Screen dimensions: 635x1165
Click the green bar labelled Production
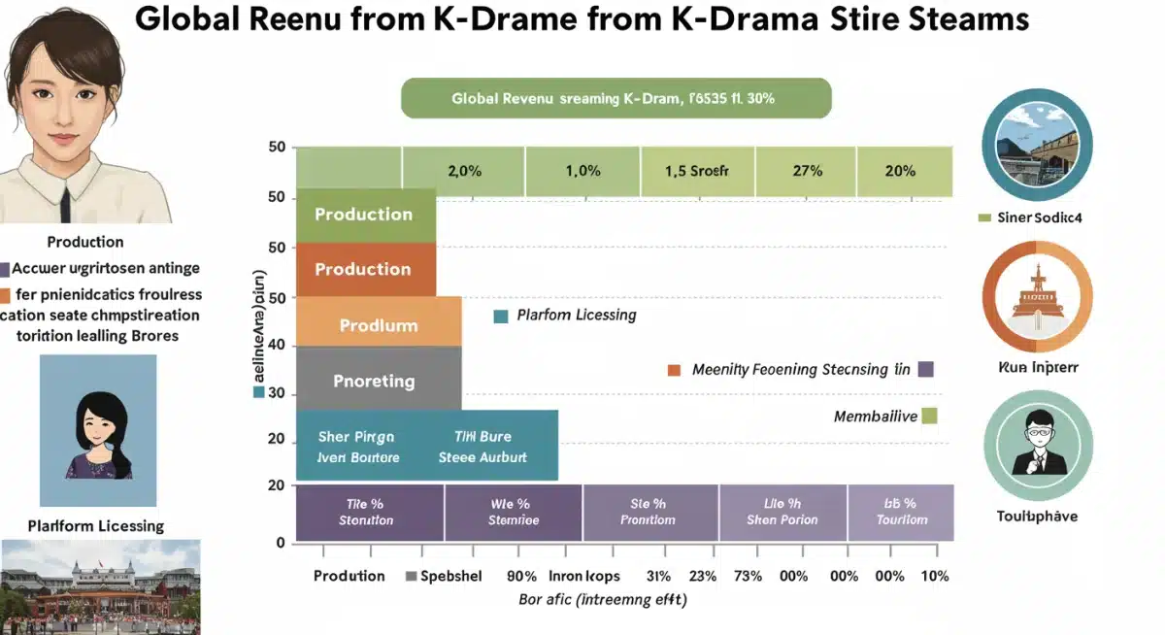(x=365, y=215)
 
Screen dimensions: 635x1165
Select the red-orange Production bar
(x=365, y=269)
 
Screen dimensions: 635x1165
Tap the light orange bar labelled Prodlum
(x=378, y=325)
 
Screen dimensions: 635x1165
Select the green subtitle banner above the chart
(x=616, y=99)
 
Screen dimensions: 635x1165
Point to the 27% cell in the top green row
(x=807, y=171)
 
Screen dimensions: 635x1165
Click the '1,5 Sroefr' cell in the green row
(x=696, y=171)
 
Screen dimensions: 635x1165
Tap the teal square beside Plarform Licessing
(x=501, y=316)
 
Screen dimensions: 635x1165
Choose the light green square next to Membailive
(x=928, y=416)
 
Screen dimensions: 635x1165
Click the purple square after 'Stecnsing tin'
(x=924, y=369)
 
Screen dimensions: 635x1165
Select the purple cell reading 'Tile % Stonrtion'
(x=369, y=512)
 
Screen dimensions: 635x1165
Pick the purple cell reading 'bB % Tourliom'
(x=901, y=512)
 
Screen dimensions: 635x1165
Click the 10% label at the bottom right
(x=934, y=576)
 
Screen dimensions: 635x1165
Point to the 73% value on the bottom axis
(x=748, y=576)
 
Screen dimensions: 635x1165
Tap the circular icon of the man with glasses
(x=1038, y=447)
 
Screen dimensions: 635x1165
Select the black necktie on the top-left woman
(x=65, y=203)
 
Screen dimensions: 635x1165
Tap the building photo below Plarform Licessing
(x=100, y=586)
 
